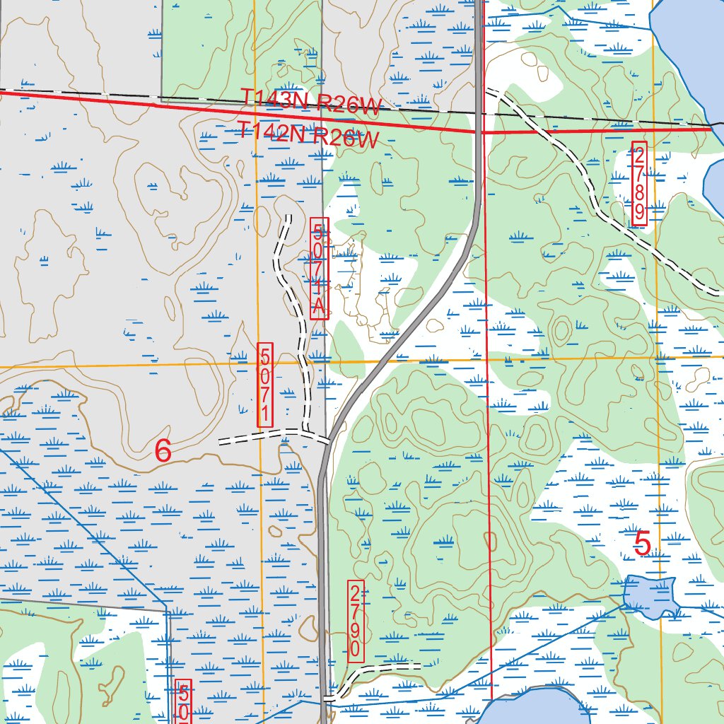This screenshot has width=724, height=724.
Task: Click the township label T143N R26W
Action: tap(310, 102)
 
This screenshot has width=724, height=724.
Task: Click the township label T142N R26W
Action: tap(307, 134)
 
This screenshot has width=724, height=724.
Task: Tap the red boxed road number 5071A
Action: tap(319, 268)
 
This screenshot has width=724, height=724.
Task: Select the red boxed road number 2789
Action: tap(639, 183)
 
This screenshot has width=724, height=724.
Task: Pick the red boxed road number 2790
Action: tap(356, 622)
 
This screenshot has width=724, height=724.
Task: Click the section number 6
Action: tap(163, 451)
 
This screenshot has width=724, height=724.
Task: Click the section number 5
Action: tap(642, 544)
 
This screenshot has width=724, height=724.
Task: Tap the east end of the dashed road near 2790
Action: tap(420, 665)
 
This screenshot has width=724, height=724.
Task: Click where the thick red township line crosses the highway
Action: tap(479, 132)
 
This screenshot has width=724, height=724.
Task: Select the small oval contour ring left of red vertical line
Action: tap(562, 329)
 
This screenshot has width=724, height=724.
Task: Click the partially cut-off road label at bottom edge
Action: tap(183, 703)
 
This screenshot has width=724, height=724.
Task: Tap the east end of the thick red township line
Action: tap(710, 129)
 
